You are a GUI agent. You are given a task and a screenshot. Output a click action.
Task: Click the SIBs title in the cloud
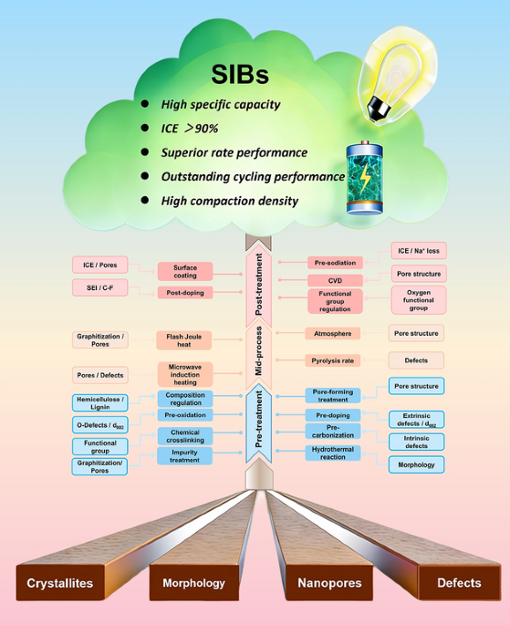(240, 75)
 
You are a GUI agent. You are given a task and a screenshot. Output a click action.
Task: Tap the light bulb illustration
(397, 75)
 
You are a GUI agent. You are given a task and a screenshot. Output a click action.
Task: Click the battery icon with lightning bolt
(365, 178)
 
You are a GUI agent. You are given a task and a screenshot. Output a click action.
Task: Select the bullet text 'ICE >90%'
(189, 129)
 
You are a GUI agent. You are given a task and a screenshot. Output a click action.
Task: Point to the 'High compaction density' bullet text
(230, 201)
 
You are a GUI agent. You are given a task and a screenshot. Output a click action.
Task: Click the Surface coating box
(185, 272)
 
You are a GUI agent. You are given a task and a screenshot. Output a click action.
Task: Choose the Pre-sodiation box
(335, 263)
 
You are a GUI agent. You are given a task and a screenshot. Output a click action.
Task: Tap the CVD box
(335, 281)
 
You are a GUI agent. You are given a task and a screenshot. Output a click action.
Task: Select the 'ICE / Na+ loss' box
(419, 251)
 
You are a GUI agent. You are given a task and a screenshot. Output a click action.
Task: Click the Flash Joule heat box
(183, 340)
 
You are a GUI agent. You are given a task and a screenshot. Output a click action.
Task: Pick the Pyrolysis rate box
(333, 360)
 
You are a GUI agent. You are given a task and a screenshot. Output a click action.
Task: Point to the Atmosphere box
(333, 334)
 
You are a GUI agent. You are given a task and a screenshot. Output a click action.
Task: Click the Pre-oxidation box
(185, 415)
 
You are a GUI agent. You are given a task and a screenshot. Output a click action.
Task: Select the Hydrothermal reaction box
(333, 453)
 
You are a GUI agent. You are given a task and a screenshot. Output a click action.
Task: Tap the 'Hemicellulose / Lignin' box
(100, 403)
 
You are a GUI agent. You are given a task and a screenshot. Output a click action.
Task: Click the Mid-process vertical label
(259, 350)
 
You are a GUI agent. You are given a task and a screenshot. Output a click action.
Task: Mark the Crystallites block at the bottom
(60, 583)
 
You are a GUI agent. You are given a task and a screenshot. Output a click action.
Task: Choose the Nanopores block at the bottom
(329, 583)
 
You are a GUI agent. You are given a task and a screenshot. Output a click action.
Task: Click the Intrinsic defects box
(416, 442)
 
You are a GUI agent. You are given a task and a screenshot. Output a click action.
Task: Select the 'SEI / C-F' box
(100, 287)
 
